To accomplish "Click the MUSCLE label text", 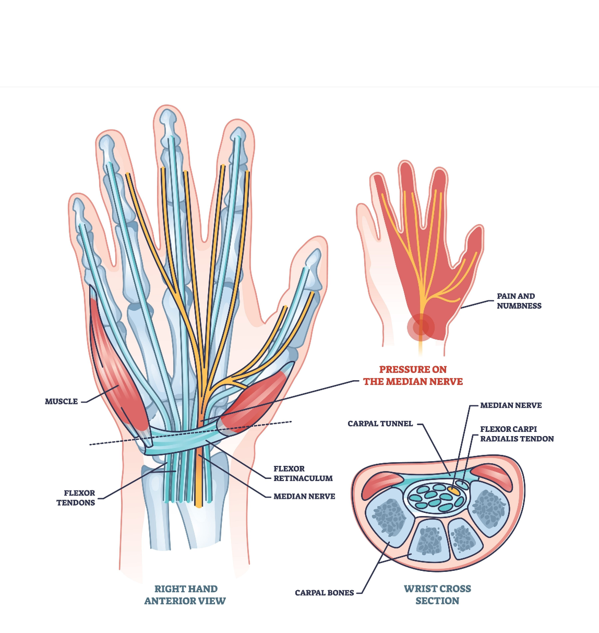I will [61, 402].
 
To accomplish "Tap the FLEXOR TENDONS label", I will [76, 498].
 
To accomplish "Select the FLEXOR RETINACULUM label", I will [303, 473].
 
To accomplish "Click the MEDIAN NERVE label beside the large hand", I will [304, 496].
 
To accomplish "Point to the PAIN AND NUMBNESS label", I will [519, 301].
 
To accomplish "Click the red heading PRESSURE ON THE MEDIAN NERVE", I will [413, 376].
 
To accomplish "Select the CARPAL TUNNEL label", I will [380, 424].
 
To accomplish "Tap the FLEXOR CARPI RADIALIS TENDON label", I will [517, 434].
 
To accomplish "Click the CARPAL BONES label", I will [324, 593].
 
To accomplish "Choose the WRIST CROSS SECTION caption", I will [437, 594].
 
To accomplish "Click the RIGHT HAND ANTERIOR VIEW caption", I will [185, 594].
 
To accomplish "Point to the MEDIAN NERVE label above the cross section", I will [511, 405].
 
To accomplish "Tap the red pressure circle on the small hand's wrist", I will [421, 327].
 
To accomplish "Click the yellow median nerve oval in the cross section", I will [453, 490].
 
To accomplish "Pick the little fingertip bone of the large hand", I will [79, 209].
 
